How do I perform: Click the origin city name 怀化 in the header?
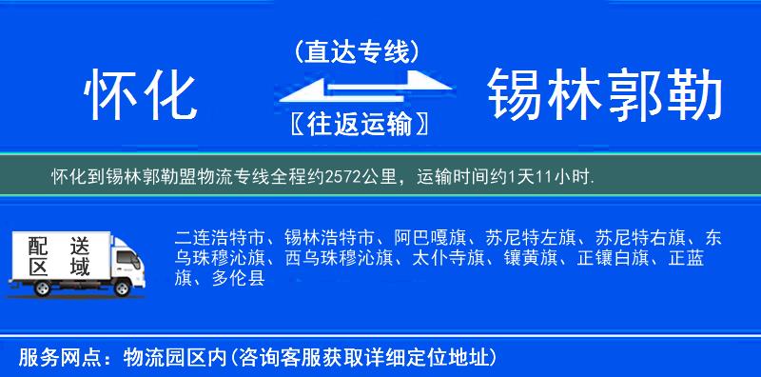140,96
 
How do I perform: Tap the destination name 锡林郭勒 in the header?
604,96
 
